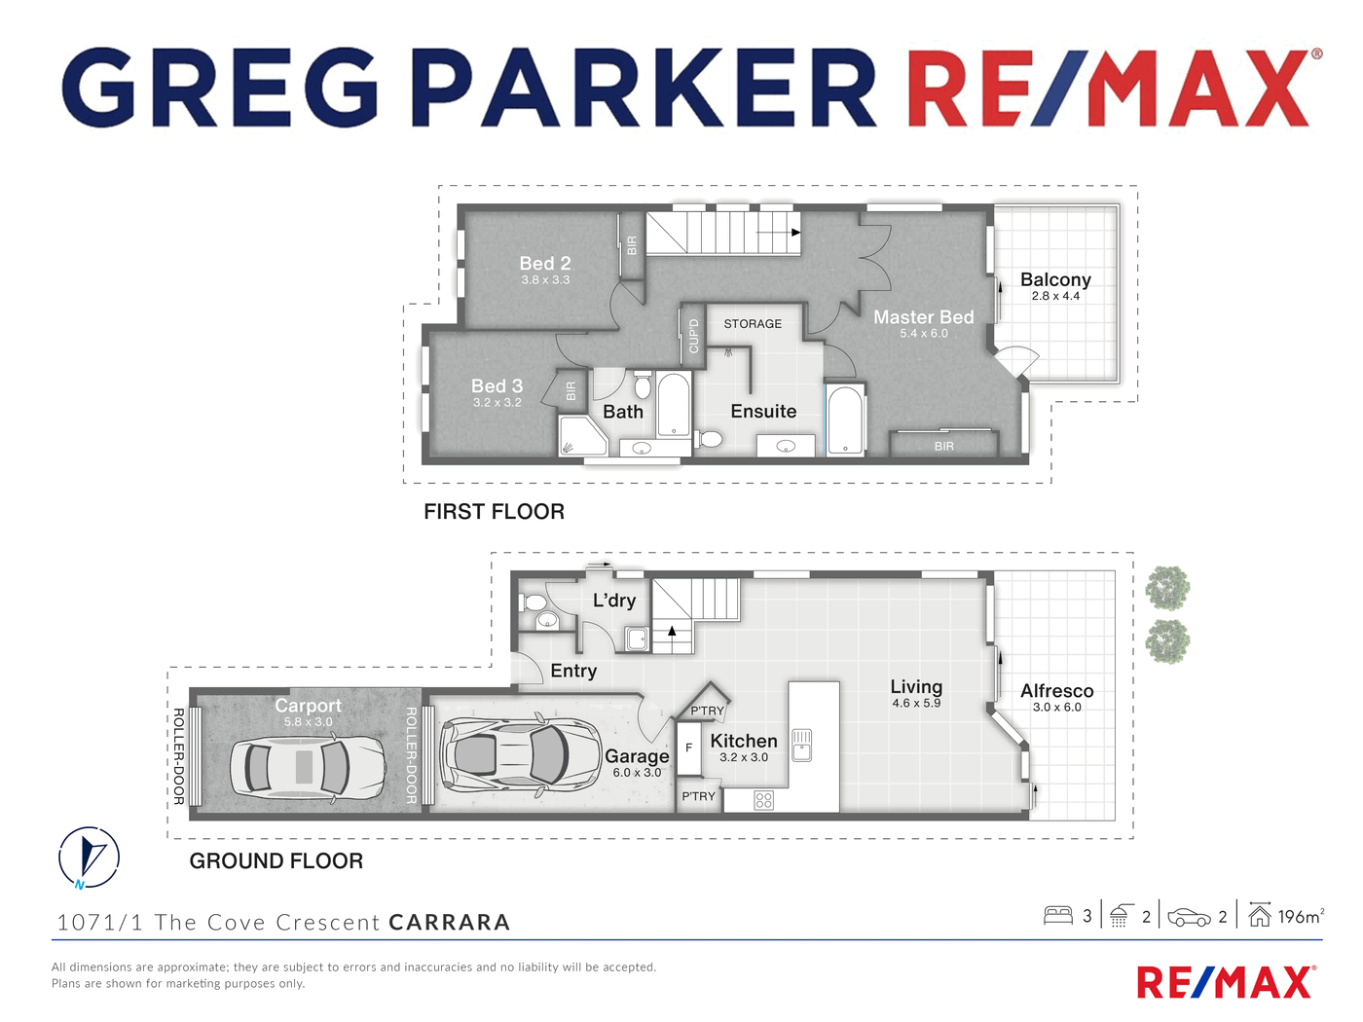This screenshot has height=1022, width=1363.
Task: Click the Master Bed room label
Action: pyautogui.click(x=923, y=317)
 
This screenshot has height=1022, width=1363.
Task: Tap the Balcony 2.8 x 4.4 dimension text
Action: pyautogui.click(x=1055, y=296)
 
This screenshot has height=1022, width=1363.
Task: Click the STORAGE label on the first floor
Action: pyautogui.click(x=753, y=324)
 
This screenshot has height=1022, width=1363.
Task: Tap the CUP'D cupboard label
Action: pyautogui.click(x=693, y=336)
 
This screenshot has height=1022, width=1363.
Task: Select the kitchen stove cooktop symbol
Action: pyautogui.click(x=764, y=800)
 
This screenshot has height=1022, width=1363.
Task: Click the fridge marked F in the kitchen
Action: pyautogui.click(x=688, y=748)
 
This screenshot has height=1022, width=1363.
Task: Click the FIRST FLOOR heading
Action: pyautogui.click(x=494, y=512)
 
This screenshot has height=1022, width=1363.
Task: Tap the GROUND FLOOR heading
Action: pyautogui.click(x=276, y=861)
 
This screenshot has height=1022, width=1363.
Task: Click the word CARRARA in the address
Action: pyautogui.click(x=450, y=922)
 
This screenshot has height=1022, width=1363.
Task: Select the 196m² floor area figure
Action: pyautogui.click(x=1301, y=917)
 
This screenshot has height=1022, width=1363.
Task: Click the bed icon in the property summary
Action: pyautogui.click(x=1058, y=916)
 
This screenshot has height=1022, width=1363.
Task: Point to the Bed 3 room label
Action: pyautogui.click(x=497, y=386)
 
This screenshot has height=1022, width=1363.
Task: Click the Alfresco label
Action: pyautogui.click(x=1057, y=691)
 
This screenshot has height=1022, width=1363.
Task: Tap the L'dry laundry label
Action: pyautogui.click(x=614, y=600)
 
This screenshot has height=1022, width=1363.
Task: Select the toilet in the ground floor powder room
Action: pyautogui.click(x=533, y=602)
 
